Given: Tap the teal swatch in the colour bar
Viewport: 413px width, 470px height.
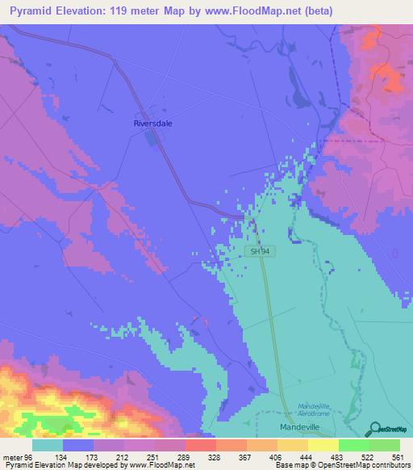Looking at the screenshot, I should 48,446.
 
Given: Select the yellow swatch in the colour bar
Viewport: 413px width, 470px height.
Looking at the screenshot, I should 323,446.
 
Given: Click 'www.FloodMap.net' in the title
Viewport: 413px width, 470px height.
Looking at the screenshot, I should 249,11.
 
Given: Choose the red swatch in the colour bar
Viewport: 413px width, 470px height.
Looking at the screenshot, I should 199,446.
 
